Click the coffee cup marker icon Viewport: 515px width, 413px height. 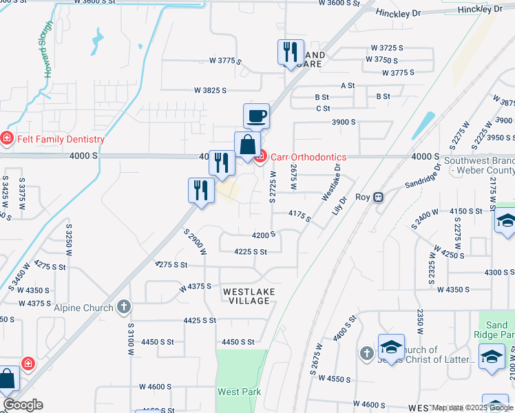(256, 116)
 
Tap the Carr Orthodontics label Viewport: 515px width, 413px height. (308, 157)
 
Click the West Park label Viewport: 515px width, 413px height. (239, 392)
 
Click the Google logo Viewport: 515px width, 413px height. (23, 405)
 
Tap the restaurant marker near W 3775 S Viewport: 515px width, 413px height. (291, 52)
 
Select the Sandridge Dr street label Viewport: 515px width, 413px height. (413, 182)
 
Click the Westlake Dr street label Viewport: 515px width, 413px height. (331, 182)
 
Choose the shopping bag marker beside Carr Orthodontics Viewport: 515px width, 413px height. (247, 145)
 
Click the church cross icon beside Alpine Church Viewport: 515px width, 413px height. (123, 307)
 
